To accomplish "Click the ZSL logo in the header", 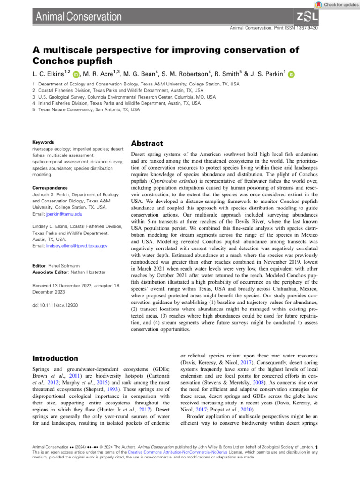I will (x=307, y=17).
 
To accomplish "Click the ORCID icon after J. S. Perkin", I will (x=292, y=74).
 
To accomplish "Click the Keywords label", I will (x=43, y=142).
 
